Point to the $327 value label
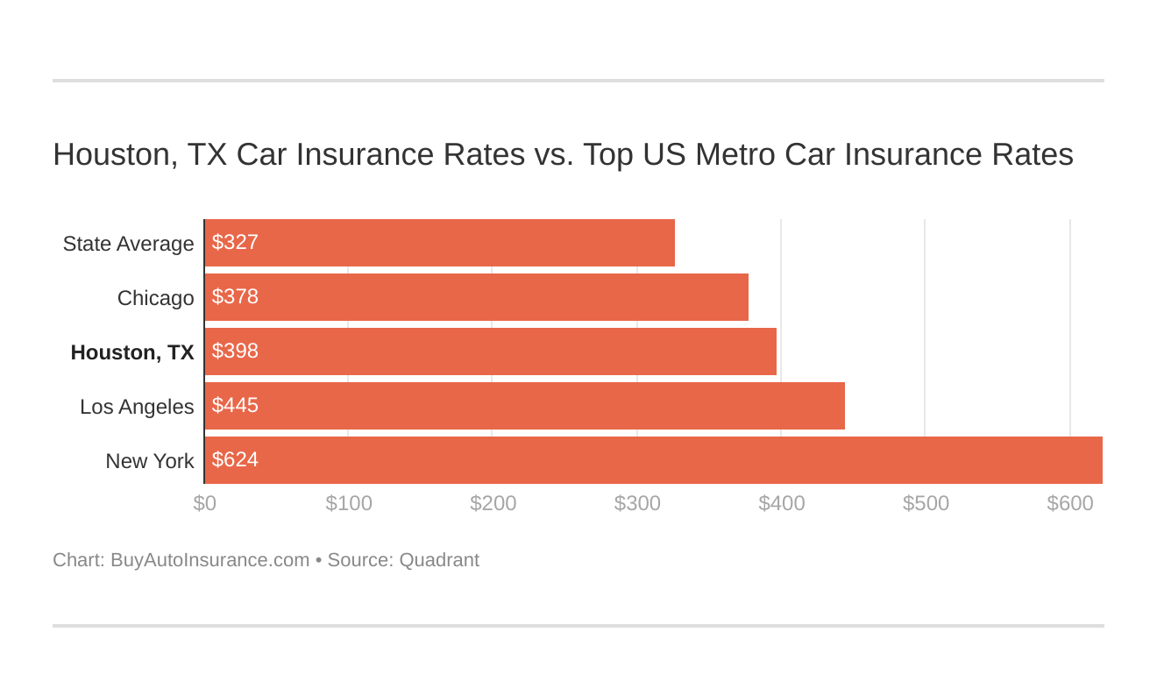[235, 243]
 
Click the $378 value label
[235, 297]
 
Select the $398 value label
[235, 352]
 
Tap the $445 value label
[235, 406]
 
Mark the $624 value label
[235, 460]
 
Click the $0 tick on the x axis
[205, 504]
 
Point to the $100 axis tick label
[349, 504]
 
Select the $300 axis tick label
[637, 504]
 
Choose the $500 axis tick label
[926, 504]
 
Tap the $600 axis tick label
[1070, 504]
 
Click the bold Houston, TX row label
[132, 352]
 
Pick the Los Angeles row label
[137, 407]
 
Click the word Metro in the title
[735, 154]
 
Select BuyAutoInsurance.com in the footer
[209, 560]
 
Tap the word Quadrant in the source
[438, 560]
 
